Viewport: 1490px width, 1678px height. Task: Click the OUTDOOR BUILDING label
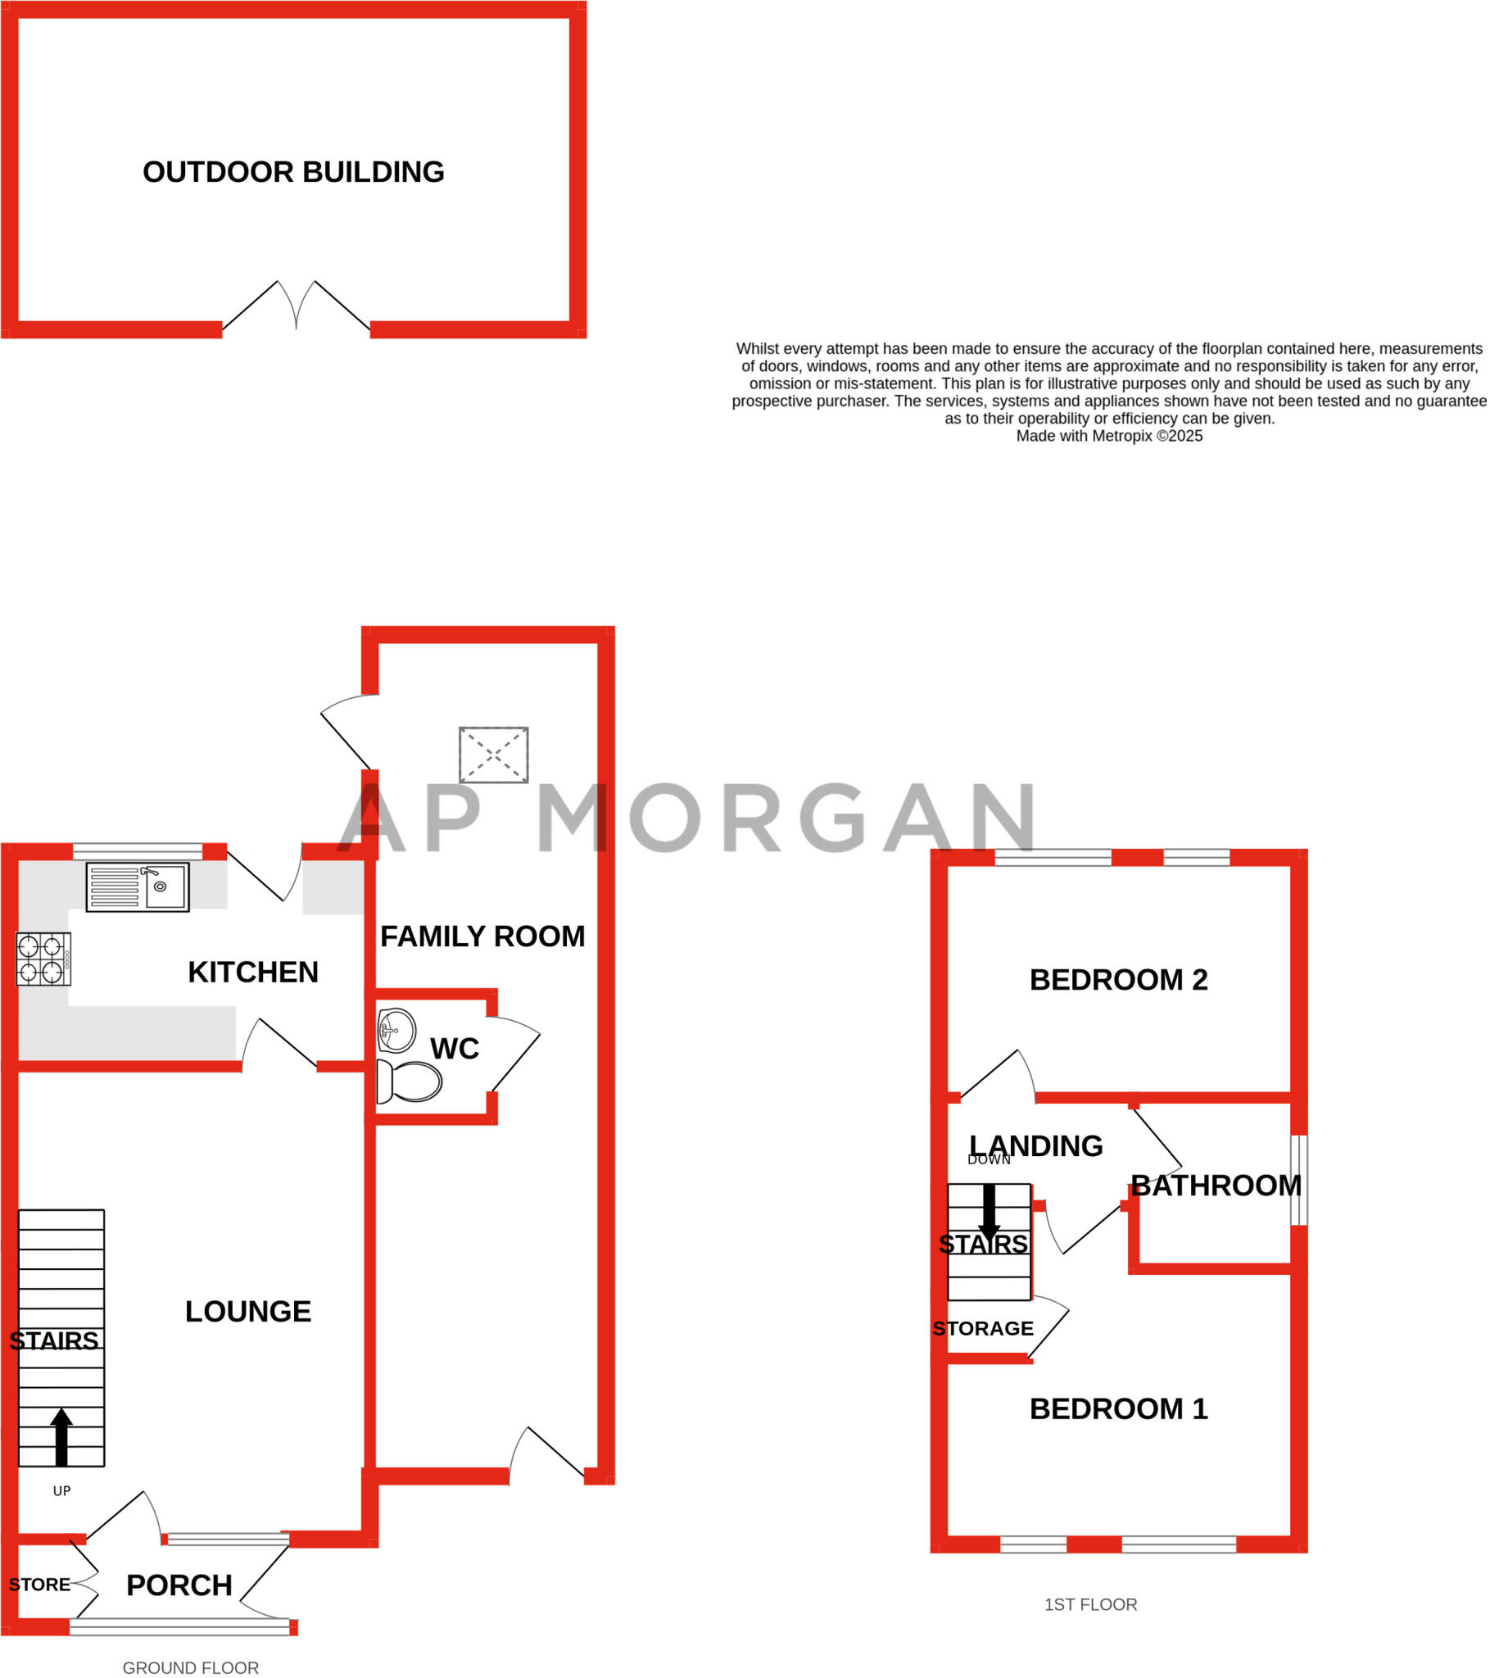coord(293,172)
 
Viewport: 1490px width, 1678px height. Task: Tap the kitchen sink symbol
coord(138,887)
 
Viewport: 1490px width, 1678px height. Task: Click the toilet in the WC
coord(410,1082)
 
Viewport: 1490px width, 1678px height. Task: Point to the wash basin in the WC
coord(396,1030)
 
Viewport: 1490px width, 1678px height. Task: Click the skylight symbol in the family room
coord(493,755)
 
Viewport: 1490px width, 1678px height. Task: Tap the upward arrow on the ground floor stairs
coord(61,1435)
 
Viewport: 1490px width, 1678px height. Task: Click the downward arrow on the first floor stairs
coord(990,1213)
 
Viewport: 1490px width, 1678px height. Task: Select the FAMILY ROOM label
coord(482,937)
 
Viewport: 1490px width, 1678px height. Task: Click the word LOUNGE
coord(248,1311)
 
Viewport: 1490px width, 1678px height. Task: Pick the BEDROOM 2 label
coord(1118,979)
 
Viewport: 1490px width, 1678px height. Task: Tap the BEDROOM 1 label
coord(1118,1408)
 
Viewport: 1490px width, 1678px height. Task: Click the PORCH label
coord(179,1585)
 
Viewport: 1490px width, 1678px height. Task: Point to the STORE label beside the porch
coord(39,1585)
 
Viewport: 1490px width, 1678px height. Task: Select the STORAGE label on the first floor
coord(983,1328)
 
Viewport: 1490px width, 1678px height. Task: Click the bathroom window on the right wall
coord(1298,1180)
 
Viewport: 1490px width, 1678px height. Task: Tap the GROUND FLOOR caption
coord(191,1667)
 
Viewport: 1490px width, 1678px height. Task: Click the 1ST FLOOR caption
coord(1090,1604)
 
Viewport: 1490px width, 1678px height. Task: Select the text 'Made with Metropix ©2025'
coord(1109,436)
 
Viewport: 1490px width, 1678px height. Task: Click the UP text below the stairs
coord(61,1491)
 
